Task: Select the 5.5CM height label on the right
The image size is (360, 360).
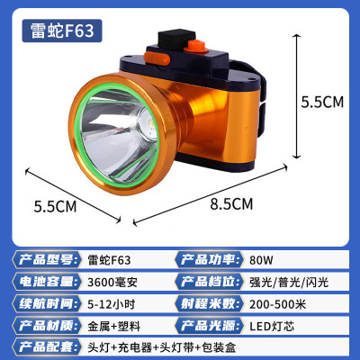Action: (321, 103)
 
